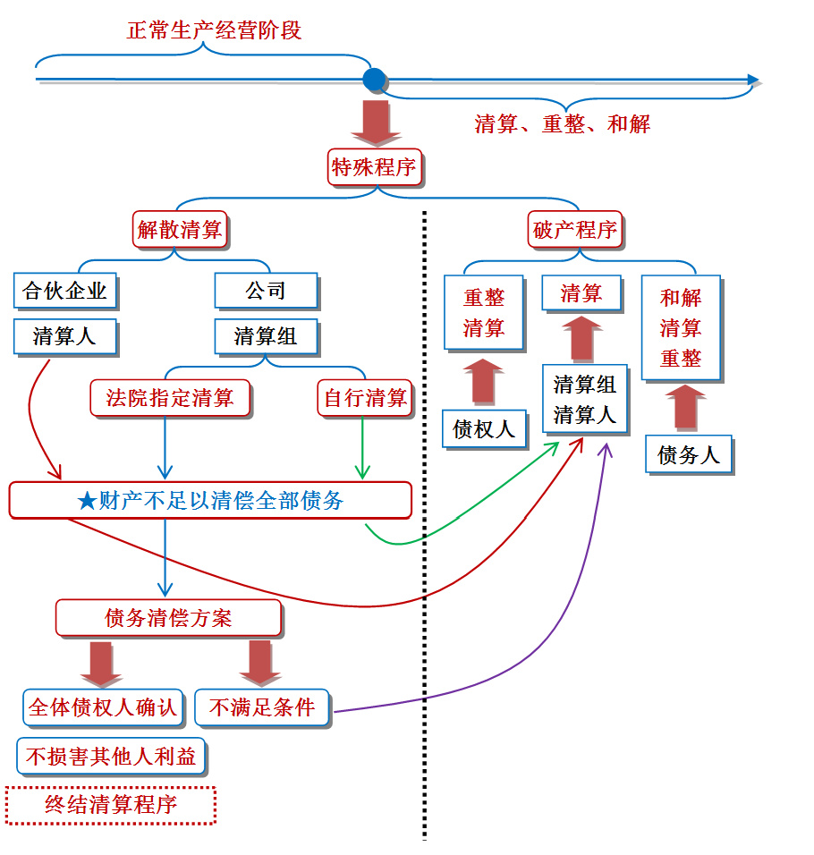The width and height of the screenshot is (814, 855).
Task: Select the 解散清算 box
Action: click(180, 230)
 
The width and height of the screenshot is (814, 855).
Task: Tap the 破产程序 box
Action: click(575, 230)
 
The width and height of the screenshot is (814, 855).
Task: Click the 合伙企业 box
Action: click(65, 290)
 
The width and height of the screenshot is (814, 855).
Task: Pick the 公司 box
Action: click(266, 290)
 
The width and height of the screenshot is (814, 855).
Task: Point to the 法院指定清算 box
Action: click(170, 398)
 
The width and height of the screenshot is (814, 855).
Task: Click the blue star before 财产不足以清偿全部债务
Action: click(87, 501)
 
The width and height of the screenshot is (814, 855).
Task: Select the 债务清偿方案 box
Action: click(168, 618)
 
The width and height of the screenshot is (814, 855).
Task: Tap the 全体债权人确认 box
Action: click(103, 707)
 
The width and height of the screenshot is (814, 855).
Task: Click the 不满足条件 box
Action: click(262, 707)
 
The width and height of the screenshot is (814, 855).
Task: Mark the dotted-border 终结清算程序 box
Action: click(111, 805)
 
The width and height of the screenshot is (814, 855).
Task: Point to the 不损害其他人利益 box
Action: click(111, 757)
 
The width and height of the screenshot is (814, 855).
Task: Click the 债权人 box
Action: click(484, 429)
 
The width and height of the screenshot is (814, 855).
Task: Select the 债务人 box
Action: click(689, 454)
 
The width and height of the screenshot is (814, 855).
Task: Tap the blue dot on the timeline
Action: click(375, 80)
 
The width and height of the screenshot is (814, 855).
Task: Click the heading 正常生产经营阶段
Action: click(214, 30)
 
